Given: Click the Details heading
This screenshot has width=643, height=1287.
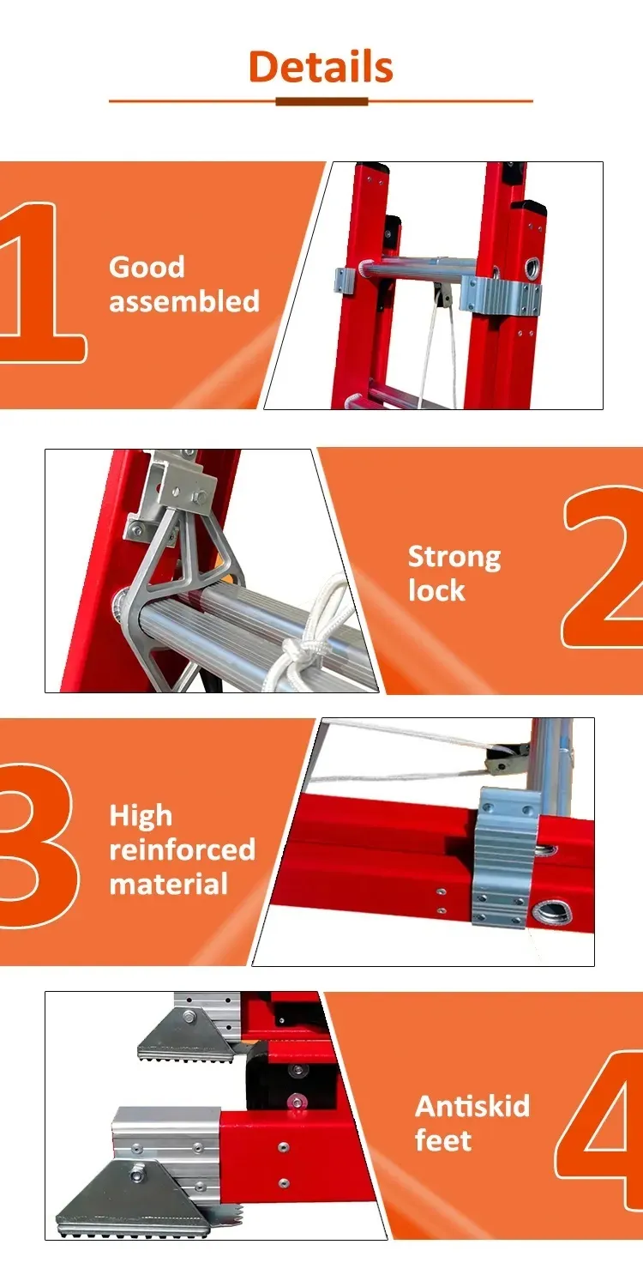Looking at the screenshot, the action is tap(321, 67).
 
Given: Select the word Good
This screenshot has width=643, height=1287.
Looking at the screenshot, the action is tap(147, 267).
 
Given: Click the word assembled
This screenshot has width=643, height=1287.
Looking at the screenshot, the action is tap(184, 301).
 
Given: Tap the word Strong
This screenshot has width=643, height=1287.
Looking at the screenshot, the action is tap(454, 558).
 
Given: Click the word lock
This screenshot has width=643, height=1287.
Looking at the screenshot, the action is tap(436, 590).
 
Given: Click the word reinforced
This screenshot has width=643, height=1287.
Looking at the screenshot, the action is tap(183, 849).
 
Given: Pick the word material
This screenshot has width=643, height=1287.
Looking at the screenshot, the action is tap(169, 884).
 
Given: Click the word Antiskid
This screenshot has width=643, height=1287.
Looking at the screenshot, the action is tap(472, 1106).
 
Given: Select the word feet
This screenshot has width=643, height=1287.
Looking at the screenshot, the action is tap(443, 1140).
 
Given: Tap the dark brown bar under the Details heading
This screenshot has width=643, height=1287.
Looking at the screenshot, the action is tap(321, 102).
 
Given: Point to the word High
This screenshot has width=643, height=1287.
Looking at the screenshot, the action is tap(141, 816).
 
